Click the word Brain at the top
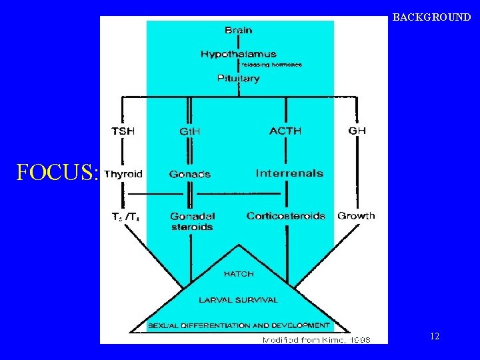(x=238, y=30)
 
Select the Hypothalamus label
(x=238, y=54)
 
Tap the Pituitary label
(x=238, y=79)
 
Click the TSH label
(x=123, y=131)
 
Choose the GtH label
(x=190, y=132)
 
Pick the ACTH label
(x=285, y=131)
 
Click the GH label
(x=357, y=131)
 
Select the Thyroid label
(x=123, y=174)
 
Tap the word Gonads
(x=190, y=175)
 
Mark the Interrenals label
(x=289, y=173)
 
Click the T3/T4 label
(x=125, y=217)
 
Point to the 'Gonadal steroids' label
(x=193, y=221)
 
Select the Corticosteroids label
(x=285, y=216)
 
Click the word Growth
(x=356, y=216)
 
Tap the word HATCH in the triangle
(x=238, y=273)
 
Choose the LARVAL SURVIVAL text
(x=238, y=300)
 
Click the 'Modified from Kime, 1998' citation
(x=316, y=339)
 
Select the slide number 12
(x=435, y=337)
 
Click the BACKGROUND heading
(x=431, y=17)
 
